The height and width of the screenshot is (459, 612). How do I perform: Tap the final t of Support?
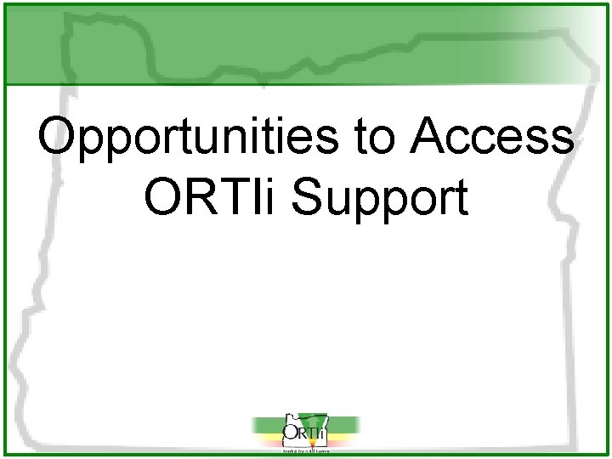click(x=460, y=199)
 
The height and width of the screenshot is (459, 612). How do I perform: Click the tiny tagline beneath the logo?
click(x=304, y=451)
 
